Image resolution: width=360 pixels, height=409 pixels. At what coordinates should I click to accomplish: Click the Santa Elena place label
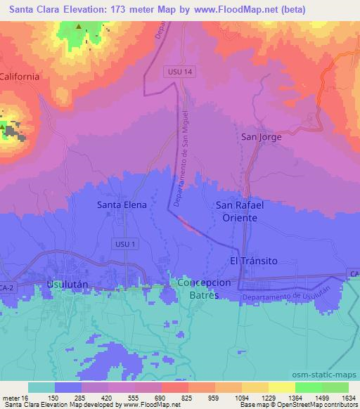point(121,205)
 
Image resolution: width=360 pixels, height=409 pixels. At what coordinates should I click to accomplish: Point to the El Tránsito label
point(254,261)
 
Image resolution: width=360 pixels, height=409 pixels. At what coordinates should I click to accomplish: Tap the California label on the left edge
point(19,76)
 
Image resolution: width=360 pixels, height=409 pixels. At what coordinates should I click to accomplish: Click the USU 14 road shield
point(180,72)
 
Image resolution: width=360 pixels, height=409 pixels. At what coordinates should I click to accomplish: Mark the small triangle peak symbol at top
point(79,28)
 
